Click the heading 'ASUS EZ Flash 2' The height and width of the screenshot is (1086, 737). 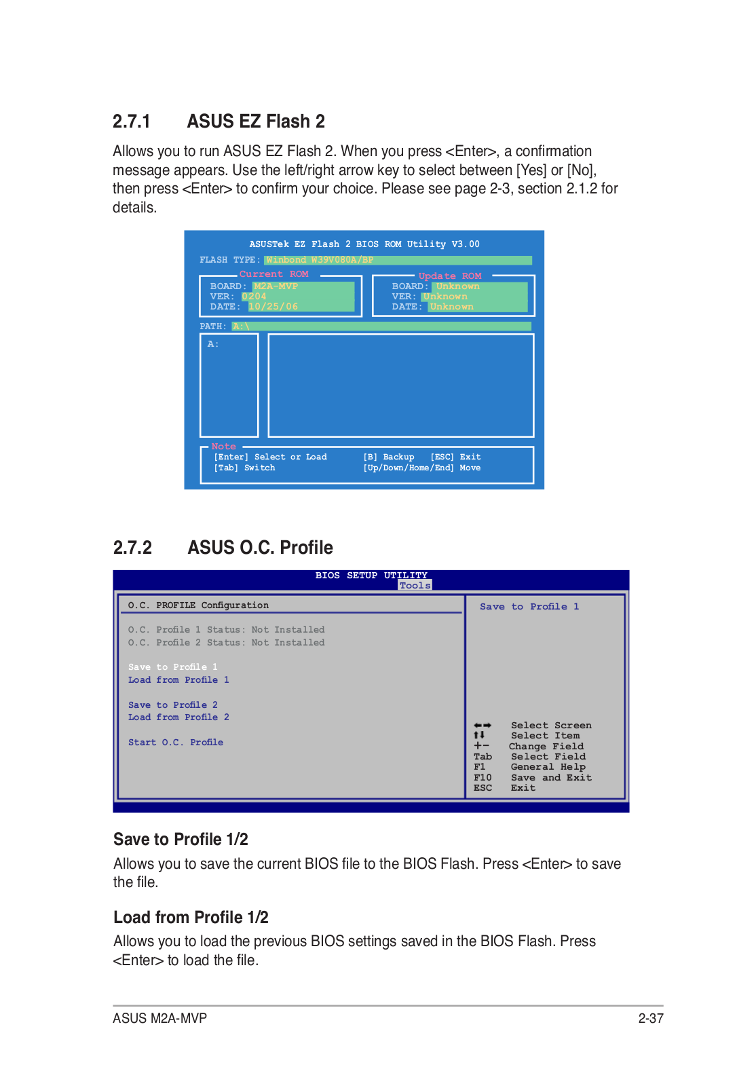[x=256, y=121]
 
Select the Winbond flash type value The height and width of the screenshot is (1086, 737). [x=319, y=260]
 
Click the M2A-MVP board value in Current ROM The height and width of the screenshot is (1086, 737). [x=276, y=286]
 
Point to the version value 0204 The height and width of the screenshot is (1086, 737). [x=254, y=297]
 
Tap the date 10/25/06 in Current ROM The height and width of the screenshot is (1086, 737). [x=273, y=307]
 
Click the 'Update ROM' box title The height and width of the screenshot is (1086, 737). [x=449, y=276]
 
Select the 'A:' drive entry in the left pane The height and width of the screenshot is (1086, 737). [x=213, y=344]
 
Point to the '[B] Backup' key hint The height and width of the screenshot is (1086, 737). [x=389, y=457]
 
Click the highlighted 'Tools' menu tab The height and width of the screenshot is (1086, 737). [x=415, y=586]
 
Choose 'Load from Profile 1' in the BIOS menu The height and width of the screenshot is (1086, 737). [x=178, y=680]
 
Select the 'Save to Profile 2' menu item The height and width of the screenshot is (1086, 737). [x=173, y=705]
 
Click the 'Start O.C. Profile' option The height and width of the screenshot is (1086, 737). [x=176, y=743]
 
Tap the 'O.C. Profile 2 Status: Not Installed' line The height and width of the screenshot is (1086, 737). [x=226, y=643]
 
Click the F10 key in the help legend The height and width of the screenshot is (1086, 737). [x=483, y=778]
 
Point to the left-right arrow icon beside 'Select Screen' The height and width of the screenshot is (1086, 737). [x=483, y=726]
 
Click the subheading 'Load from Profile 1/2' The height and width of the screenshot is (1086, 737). [x=191, y=918]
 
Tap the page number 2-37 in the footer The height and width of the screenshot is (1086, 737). [x=650, y=1018]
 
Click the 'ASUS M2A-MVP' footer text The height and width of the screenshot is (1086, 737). [x=159, y=1018]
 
